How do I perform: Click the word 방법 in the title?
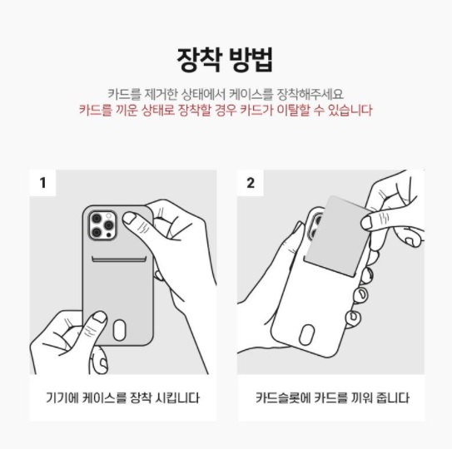coord(251,60)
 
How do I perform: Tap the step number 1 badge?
coord(42,183)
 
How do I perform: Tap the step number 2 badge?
coord(251,183)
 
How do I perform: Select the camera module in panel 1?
coord(102,225)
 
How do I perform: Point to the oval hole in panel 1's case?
coord(119,330)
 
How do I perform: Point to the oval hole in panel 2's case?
coord(306,334)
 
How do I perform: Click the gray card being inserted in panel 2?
coord(336,236)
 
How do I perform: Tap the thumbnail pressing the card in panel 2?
coord(367,223)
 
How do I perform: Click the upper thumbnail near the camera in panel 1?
coord(129,218)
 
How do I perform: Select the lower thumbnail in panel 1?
coord(100,317)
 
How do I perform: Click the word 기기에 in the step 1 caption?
coord(62,397)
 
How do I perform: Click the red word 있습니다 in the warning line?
coord(350,110)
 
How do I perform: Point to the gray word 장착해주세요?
coord(310,94)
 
